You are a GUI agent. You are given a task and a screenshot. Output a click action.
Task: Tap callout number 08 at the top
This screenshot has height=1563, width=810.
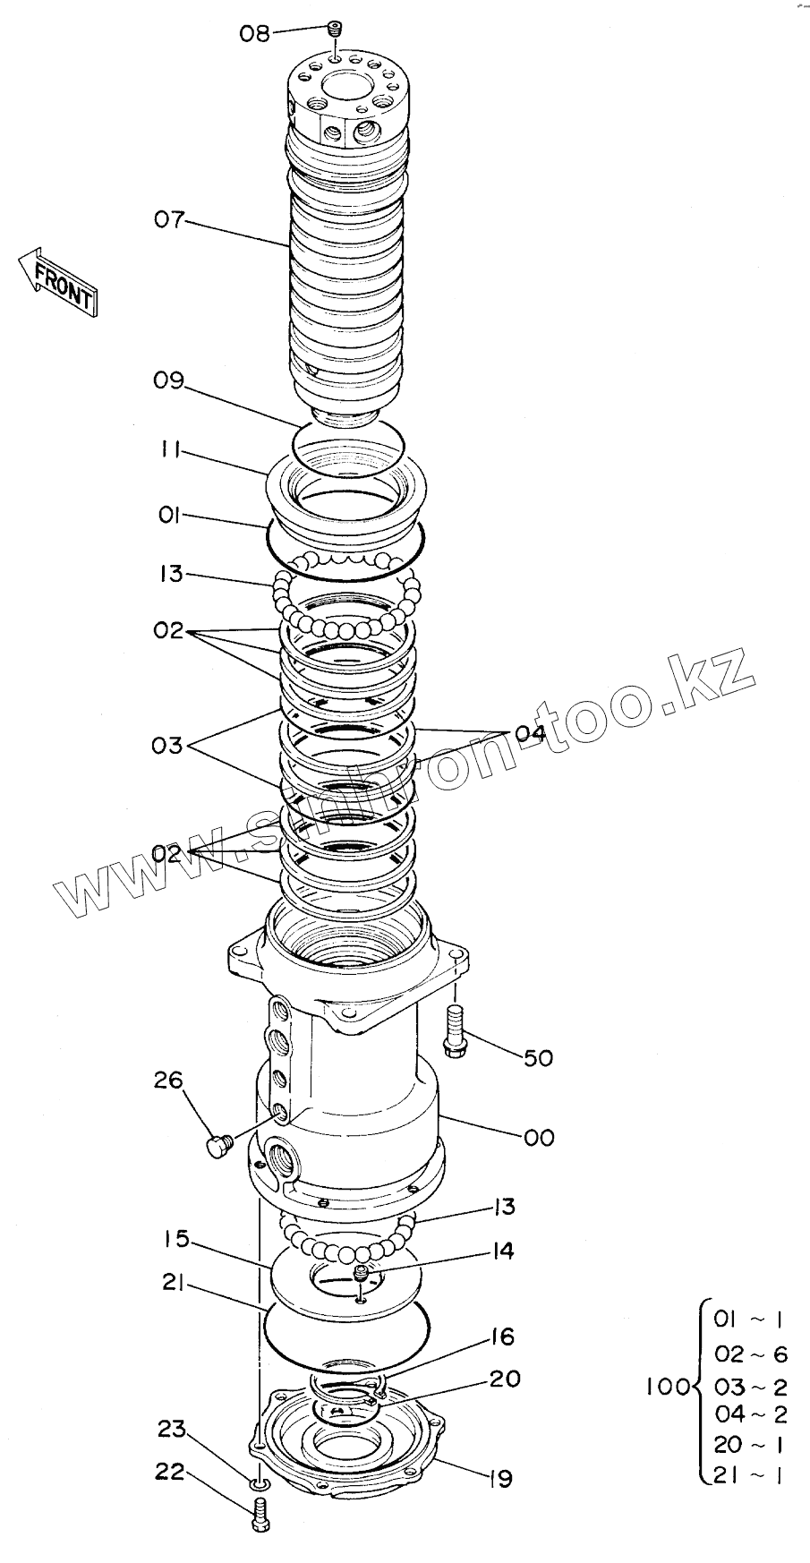click(254, 34)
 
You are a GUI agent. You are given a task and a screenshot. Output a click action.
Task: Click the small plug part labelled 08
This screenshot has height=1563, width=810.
click(335, 30)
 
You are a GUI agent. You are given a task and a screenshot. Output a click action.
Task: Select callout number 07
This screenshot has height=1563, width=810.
click(169, 218)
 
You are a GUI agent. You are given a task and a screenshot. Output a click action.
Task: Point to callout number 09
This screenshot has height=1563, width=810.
click(168, 380)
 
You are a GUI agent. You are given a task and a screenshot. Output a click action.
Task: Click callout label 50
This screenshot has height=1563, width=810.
click(538, 1057)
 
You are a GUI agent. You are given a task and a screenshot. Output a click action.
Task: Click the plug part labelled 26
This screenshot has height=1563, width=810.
click(218, 1145)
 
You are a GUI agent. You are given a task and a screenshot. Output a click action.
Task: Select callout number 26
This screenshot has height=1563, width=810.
click(168, 1080)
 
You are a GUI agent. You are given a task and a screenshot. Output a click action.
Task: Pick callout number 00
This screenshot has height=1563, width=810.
click(539, 1137)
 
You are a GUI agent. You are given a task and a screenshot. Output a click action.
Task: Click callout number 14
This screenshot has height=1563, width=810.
click(503, 1251)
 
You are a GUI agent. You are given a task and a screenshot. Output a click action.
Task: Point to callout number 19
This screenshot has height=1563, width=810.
click(501, 1479)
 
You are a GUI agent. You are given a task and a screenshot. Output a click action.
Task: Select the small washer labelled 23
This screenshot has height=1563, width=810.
click(258, 1487)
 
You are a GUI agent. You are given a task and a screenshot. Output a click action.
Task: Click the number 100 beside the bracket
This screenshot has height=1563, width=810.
click(667, 1387)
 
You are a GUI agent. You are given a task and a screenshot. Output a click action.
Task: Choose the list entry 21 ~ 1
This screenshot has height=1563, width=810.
click(750, 1474)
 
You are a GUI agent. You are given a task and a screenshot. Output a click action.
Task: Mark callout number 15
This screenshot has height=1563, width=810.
click(176, 1240)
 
